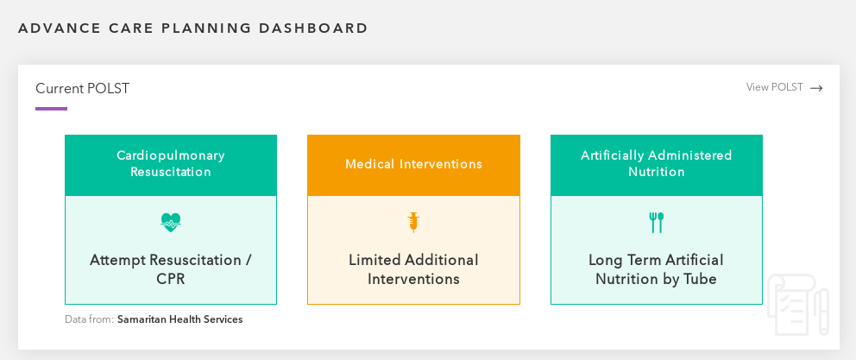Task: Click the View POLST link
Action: point(775,87)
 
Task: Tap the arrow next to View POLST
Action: point(816,88)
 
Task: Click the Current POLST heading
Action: point(83,89)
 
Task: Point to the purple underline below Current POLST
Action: point(51,109)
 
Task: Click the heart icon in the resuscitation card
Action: point(171,223)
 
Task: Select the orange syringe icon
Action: point(413,222)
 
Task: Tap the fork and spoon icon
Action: point(656,223)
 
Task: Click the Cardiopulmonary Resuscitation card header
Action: point(171,166)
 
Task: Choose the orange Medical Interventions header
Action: point(414,166)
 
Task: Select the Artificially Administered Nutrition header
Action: point(656,166)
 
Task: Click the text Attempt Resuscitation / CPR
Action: point(171,269)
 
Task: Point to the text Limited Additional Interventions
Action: point(414,269)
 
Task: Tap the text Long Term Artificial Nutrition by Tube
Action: point(656,269)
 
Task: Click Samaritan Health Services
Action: point(180,319)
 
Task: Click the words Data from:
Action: point(90,319)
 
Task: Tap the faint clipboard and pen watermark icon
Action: point(799,304)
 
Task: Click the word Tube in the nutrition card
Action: point(700,279)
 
